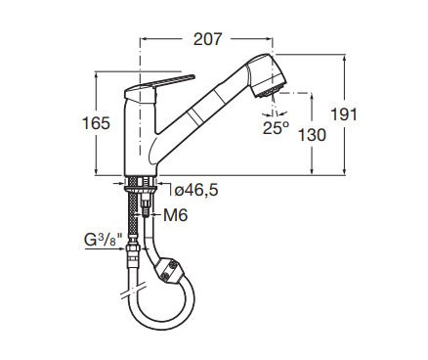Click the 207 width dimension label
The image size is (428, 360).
(x=207, y=39)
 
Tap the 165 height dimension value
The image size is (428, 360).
(x=96, y=123)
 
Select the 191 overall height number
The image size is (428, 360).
(x=344, y=114)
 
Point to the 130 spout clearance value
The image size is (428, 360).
(x=312, y=135)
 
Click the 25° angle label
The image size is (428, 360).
(x=277, y=128)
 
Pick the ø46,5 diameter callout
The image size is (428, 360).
(x=196, y=190)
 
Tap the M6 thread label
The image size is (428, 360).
(x=176, y=215)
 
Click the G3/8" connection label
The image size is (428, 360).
(x=104, y=240)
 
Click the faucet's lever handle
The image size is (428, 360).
(x=159, y=85)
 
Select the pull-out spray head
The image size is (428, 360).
(x=267, y=75)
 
